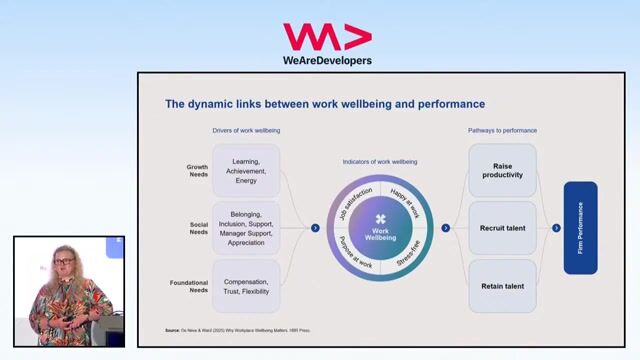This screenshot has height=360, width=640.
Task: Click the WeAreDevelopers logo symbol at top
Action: click(327, 37)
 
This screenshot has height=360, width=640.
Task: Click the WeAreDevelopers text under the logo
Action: click(327, 61)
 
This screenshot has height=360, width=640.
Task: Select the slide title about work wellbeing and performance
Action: click(325, 104)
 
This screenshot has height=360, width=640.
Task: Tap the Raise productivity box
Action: click(502, 170)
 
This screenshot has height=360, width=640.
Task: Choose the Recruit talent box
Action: click(502, 228)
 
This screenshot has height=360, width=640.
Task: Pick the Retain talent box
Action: click(502, 286)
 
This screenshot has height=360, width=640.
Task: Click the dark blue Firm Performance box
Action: click(581, 228)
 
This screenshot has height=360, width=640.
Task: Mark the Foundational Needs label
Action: click(198, 286)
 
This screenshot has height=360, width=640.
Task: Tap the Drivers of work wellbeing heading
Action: click(246, 131)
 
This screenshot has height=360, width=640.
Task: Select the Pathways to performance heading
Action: click(502, 131)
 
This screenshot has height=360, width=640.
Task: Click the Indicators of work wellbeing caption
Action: click(380, 161)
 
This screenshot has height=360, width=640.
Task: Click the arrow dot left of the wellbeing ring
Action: click(315, 228)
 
